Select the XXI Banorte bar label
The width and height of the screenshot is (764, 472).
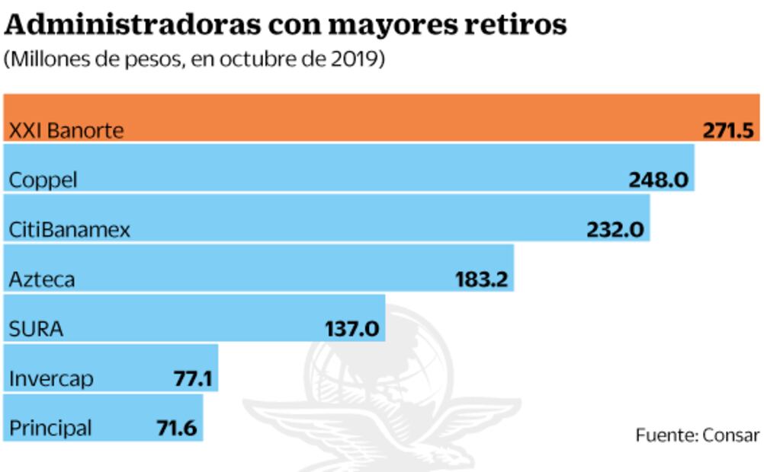(x=66, y=130)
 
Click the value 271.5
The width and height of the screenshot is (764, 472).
(x=729, y=130)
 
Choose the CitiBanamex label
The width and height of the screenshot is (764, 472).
(x=69, y=230)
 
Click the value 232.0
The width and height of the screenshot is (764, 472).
(x=615, y=230)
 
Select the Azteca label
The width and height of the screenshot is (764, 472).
(x=42, y=279)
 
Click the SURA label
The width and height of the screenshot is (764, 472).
(x=36, y=329)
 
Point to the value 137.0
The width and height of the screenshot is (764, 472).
(x=352, y=329)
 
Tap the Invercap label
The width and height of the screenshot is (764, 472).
(x=51, y=378)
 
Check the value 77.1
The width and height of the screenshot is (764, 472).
(x=193, y=378)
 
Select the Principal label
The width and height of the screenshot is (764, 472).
(x=50, y=428)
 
